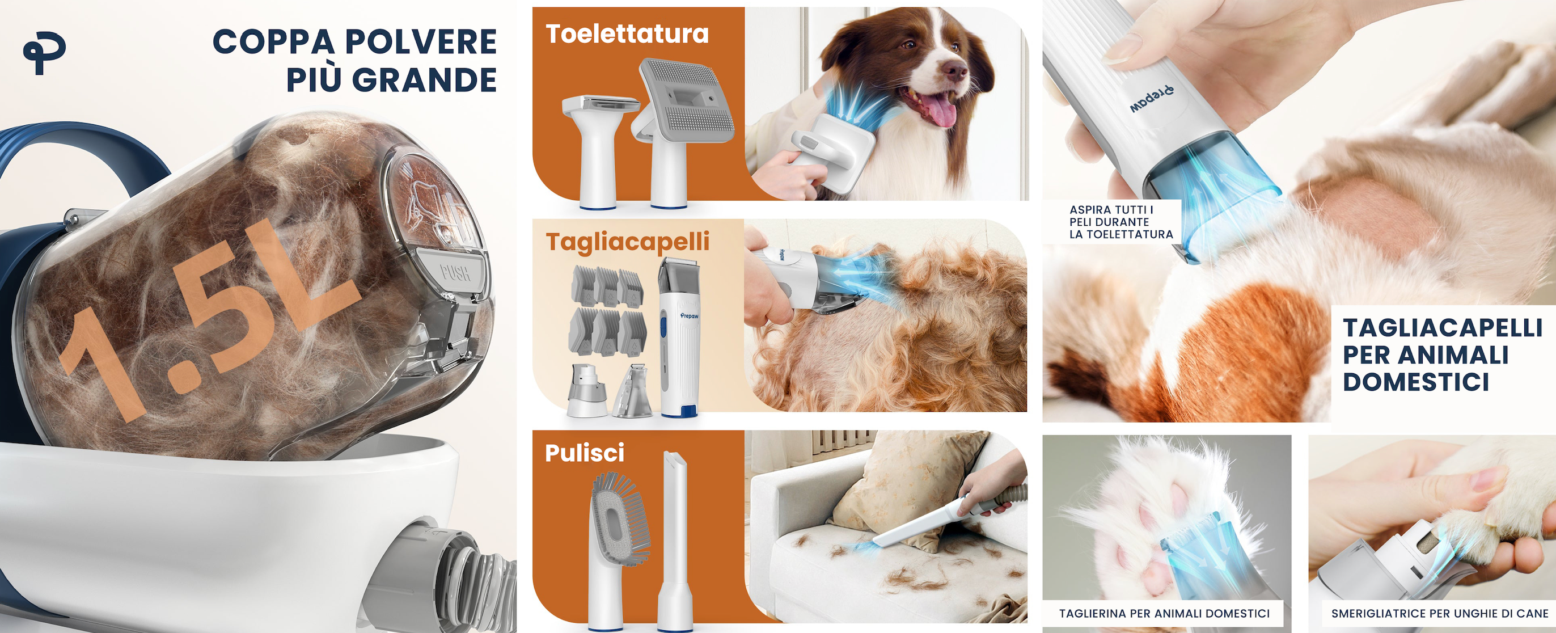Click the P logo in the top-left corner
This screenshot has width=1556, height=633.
click(44, 54)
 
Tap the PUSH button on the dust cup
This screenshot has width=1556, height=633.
click(455, 272)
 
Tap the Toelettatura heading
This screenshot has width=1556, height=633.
click(627, 34)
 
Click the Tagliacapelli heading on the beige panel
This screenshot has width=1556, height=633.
click(628, 242)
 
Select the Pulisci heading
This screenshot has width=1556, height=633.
click(584, 453)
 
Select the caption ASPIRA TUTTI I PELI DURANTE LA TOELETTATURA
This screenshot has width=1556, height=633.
click(1121, 222)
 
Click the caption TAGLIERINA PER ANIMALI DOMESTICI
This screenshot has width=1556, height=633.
click(1164, 613)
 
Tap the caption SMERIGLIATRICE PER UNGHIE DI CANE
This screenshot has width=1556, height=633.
click(1439, 613)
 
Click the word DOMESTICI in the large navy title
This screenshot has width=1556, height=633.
click(1415, 382)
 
